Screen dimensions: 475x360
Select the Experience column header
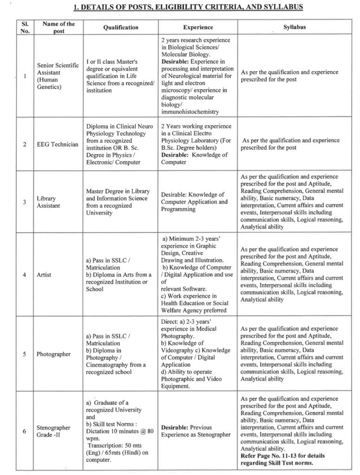click(x=198, y=27)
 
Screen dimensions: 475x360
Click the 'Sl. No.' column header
click(x=25, y=27)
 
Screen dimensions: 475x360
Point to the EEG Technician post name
click(x=58, y=144)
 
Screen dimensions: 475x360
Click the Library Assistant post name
click(x=49, y=202)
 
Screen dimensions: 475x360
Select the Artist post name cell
click(x=45, y=275)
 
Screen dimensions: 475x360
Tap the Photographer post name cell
click(x=54, y=354)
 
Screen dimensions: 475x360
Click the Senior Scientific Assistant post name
click(x=58, y=76)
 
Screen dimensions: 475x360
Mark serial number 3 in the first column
click(x=24, y=202)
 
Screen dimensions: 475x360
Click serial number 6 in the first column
click(x=24, y=431)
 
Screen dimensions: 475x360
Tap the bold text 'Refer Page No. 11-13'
click(x=276, y=456)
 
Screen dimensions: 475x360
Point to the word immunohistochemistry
click(x=190, y=111)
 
